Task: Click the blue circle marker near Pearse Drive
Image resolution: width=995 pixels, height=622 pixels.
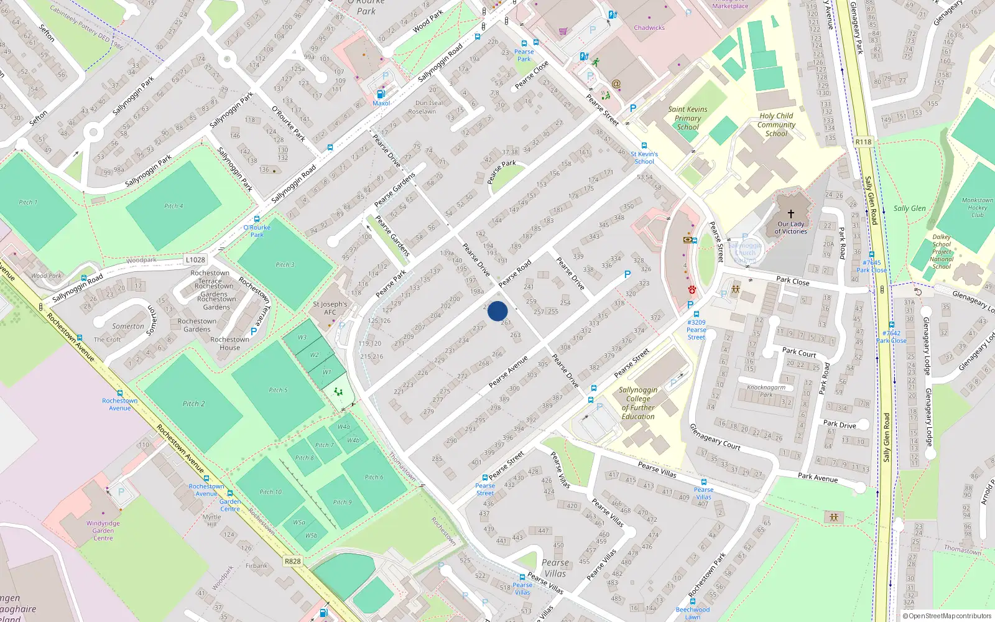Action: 497,311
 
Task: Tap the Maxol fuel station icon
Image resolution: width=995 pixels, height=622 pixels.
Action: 381,94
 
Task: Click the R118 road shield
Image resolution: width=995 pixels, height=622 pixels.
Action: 863,142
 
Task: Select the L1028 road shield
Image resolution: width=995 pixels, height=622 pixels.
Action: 195,260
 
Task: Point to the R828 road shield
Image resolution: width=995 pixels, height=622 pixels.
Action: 292,561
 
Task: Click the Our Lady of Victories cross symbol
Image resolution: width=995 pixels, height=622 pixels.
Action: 791,213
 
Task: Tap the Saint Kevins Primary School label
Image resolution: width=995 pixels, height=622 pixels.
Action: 688,118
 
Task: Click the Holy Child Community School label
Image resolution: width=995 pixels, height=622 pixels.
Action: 776,124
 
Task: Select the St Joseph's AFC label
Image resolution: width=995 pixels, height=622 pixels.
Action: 330,308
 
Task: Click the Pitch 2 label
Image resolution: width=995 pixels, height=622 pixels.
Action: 193,404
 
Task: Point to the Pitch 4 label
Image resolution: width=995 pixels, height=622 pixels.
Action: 174,206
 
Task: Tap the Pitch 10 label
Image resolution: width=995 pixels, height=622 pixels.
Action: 271,492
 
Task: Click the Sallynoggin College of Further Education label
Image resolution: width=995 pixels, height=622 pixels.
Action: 638,403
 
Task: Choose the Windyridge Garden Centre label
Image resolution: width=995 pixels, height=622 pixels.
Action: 103,531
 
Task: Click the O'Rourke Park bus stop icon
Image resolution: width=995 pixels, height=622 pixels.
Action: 257,219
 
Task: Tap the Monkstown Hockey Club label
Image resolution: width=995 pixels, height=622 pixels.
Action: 977,207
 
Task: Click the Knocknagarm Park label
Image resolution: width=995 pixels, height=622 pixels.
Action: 766,391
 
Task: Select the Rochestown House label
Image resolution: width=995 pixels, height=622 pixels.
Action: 229,343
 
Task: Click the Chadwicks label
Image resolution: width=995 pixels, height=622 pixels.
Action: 649,27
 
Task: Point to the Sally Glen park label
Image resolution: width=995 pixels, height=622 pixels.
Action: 909,208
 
